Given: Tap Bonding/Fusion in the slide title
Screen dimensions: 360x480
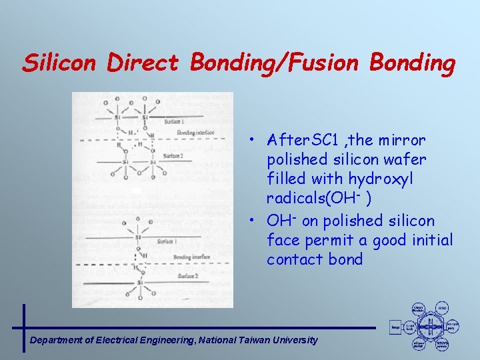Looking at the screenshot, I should click(275, 63).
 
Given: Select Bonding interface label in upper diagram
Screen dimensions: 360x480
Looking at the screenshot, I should click(195, 133).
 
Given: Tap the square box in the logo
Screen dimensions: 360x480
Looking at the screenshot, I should click(395, 327).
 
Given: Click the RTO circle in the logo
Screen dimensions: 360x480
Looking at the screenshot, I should click(442, 308).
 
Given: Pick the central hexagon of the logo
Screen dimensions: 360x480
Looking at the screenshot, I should click(431, 327).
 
